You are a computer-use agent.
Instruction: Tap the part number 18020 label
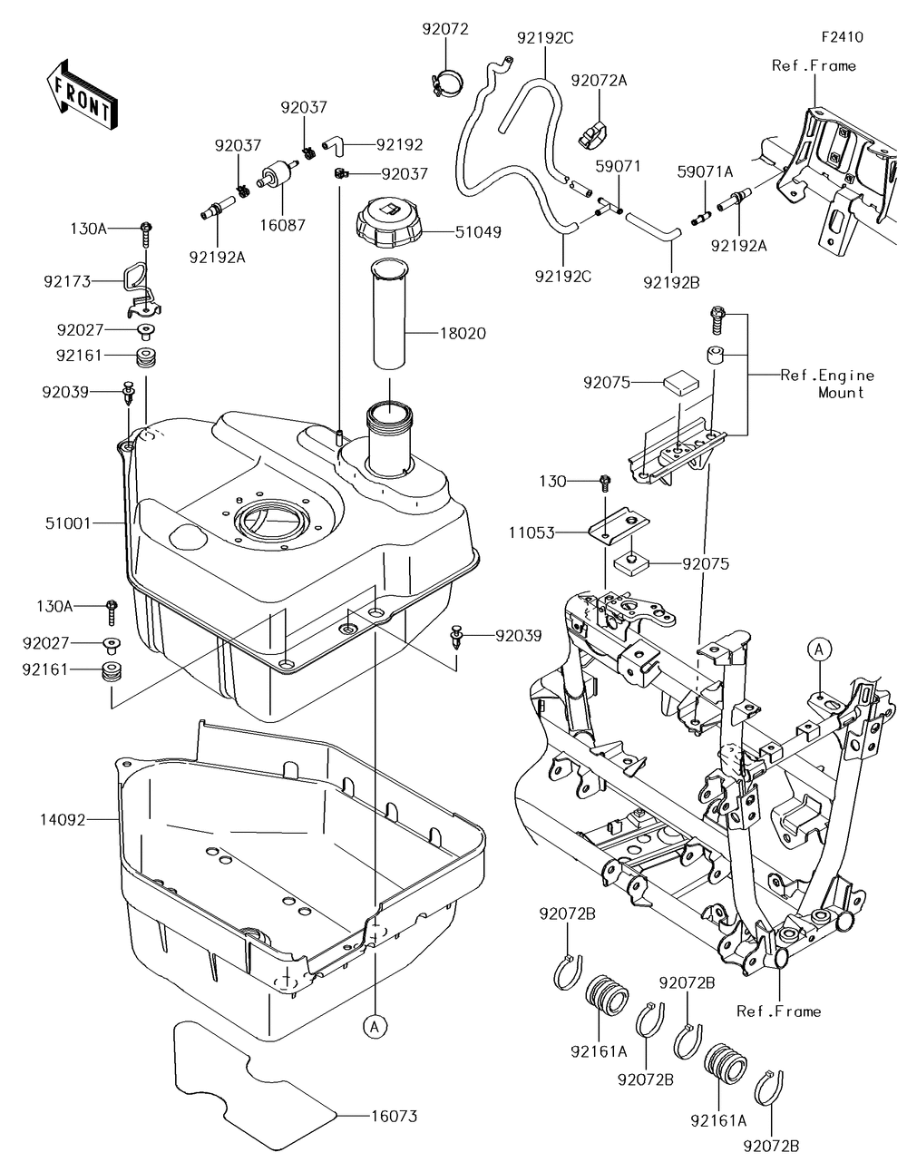pos(463,334)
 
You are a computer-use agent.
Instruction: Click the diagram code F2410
pos(843,37)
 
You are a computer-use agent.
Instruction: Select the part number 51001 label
pos(69,523)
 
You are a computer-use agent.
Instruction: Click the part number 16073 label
pos(394,1117)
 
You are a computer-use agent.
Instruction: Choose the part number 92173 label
pos(67,282)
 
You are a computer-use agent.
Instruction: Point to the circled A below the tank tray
pos(374,1026)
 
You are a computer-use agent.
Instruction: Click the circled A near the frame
pos(819,649)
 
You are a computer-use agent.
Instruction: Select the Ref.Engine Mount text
pos(827,384)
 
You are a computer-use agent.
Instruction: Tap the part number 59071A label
pos(717,171)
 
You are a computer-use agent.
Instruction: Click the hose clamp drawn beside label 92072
pos(444,82)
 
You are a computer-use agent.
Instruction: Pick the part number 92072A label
pos(599,80)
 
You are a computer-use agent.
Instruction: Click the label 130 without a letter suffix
pos(553,481)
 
